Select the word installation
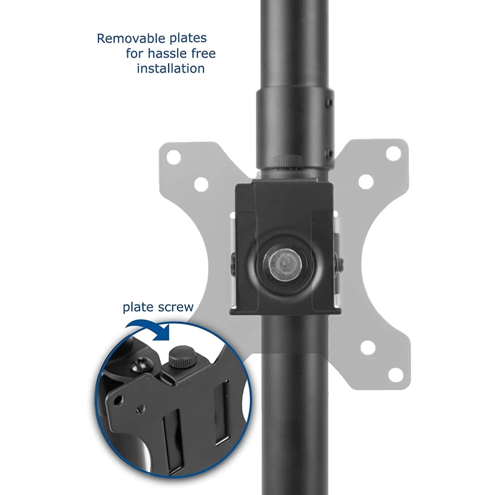pos(170,68)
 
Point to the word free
pos(202,53)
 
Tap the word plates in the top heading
pos(188,39)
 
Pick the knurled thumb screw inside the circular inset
pos(182,357)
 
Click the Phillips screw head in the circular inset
pos(141,365)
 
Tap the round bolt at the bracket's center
pos(285,264)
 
